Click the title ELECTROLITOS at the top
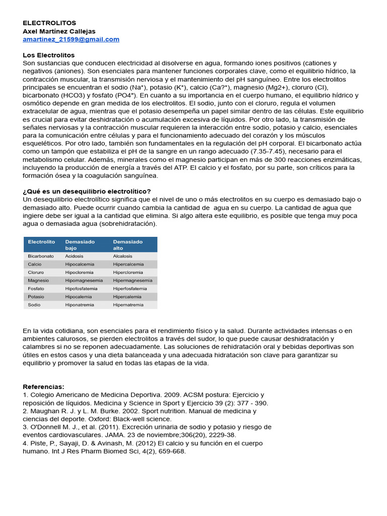pos(49,23)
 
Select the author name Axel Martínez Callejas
pos(59,31)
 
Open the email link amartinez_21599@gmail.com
pos(71,39)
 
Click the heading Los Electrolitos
pos(48,55)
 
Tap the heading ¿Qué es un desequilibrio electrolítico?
pos(87,191)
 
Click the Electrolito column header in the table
pos(41,242)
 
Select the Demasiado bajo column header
pos(80,245)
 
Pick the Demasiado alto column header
pos(127,245)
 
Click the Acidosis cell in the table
pos(74,256)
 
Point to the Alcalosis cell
pos(123,256)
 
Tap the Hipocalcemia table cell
pos(79,264)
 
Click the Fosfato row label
pos(36,289)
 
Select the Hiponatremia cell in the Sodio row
pos(79,305)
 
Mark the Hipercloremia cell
pos(128,273)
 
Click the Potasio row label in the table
pos(36,297)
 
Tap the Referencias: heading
pos(43,386)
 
